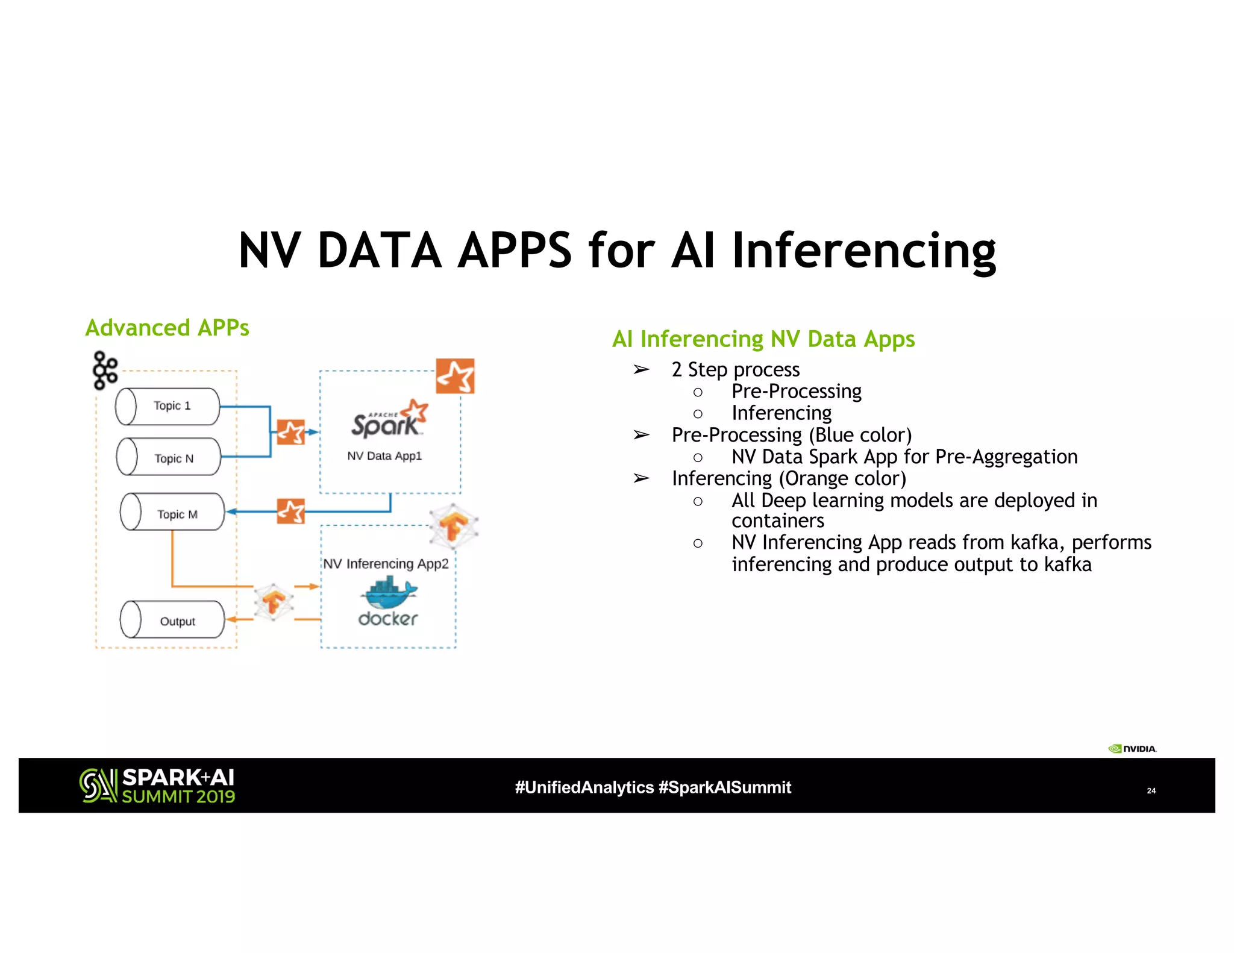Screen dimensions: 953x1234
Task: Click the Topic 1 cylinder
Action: (168, 407)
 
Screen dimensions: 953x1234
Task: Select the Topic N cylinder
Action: (169, 457)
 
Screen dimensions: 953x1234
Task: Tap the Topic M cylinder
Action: (172, 513)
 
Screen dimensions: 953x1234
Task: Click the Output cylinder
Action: (172, 620)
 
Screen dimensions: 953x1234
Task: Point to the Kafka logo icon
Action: (105, 370)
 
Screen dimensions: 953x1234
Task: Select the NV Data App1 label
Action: (384, 456)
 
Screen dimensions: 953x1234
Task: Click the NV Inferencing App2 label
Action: (386, 564)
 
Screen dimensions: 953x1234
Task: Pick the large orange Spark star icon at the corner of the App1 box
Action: (455, 377)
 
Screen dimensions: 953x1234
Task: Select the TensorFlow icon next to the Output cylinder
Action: (274, 601)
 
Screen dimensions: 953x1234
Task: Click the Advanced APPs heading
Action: (167, 328)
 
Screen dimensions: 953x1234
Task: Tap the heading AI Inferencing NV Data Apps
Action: (763, 339)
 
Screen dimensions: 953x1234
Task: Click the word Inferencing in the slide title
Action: (863, 251)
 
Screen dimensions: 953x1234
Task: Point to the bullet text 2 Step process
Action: (735, 369)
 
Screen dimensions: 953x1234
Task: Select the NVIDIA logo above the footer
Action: (1132, 749)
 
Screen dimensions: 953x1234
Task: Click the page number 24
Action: (1151, 790)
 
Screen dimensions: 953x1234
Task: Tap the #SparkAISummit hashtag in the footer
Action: (725, 787)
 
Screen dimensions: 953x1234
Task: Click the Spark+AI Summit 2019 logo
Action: (157, 786)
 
